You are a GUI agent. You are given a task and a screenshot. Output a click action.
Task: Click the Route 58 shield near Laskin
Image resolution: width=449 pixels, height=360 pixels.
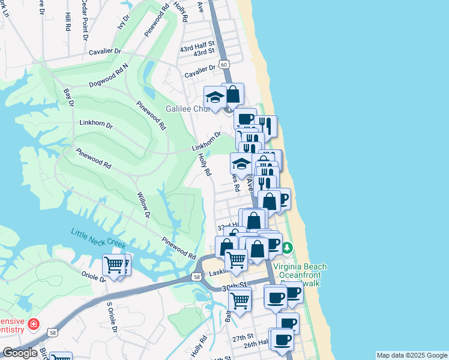(196, 277)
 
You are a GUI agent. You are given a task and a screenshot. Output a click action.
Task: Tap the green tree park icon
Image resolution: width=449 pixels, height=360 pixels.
(287, 248)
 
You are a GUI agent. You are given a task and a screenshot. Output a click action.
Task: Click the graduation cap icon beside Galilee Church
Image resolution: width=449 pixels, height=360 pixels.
(214, 97)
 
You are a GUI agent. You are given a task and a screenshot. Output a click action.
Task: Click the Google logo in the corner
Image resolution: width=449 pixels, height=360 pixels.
(20, 352)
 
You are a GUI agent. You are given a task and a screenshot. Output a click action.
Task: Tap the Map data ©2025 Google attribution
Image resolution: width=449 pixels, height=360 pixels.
(412, 355)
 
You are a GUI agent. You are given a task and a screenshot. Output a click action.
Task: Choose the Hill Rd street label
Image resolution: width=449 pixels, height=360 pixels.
(67, 22)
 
